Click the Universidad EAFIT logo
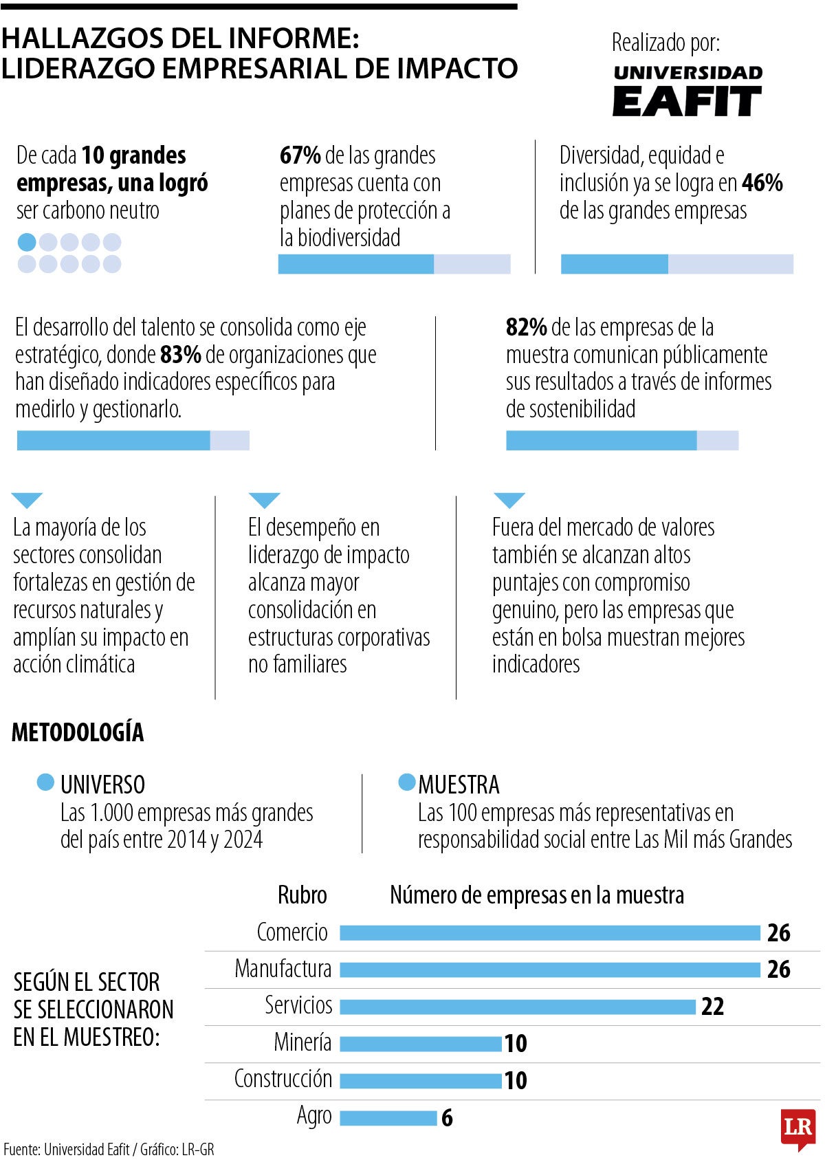coord(687,91)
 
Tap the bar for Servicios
coord(517,1007)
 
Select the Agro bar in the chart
coord(388,1118)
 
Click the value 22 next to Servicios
coord(712,1007)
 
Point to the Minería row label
coord(302,1042)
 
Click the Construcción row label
coord(283,1079)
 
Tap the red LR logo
coord(797,1128)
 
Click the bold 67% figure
coord(300,155)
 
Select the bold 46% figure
coord(762,183)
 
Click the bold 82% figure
coord(526,327)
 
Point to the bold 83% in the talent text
coord(180,355)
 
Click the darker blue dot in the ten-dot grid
coord(26,242)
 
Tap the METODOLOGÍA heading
coord(78,732)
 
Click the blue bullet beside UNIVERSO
coord(45,783)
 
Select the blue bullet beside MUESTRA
coord(407,783)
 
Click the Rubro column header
coord(302,895)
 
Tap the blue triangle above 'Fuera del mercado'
coord(509,500)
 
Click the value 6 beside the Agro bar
coord(447,1118)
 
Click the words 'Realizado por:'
coord(665,43)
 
